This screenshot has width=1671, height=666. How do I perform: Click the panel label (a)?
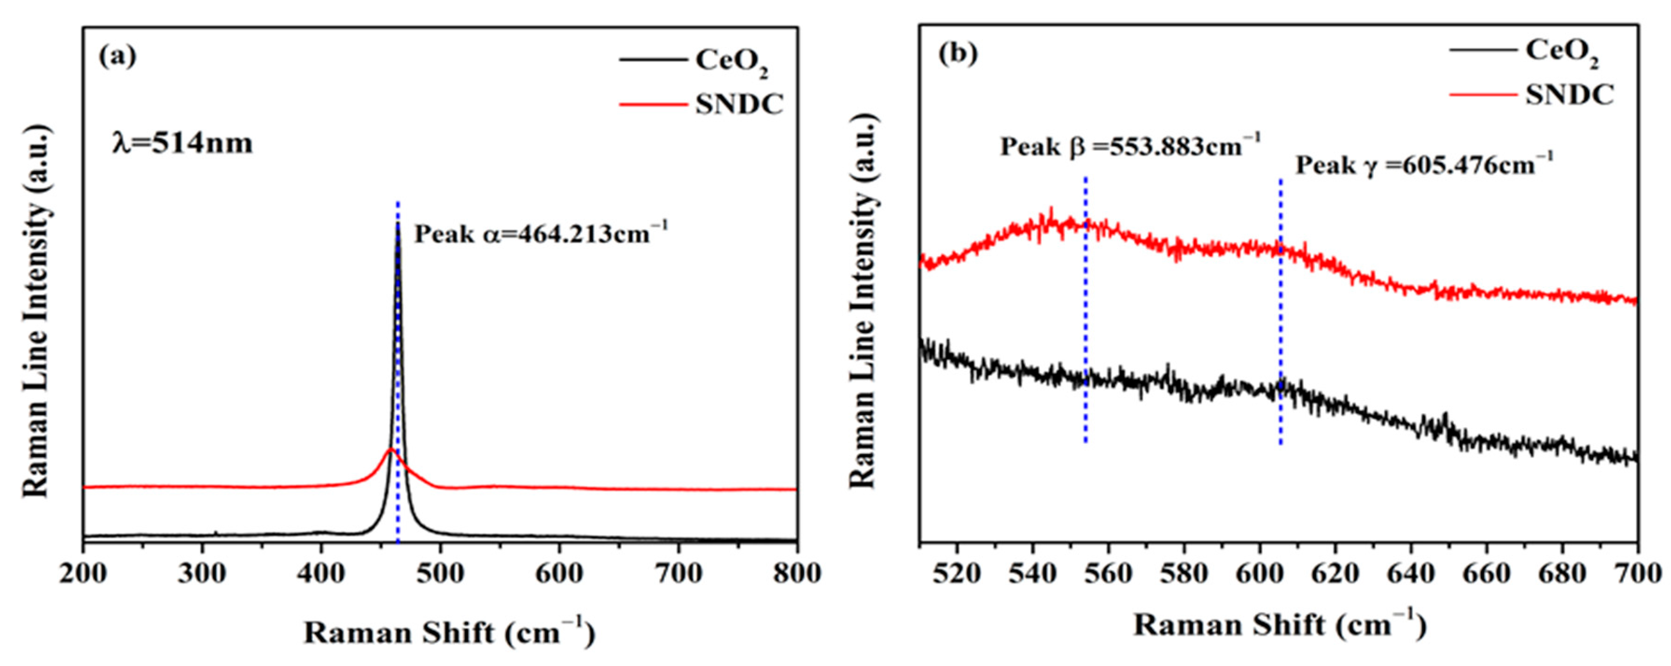118,57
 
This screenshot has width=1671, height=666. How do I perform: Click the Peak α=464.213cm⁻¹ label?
540,233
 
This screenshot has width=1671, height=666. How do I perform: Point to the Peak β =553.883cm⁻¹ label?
1130,146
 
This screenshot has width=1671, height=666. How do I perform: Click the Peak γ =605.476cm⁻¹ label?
1424,166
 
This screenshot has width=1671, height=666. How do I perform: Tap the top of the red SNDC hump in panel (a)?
390,449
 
